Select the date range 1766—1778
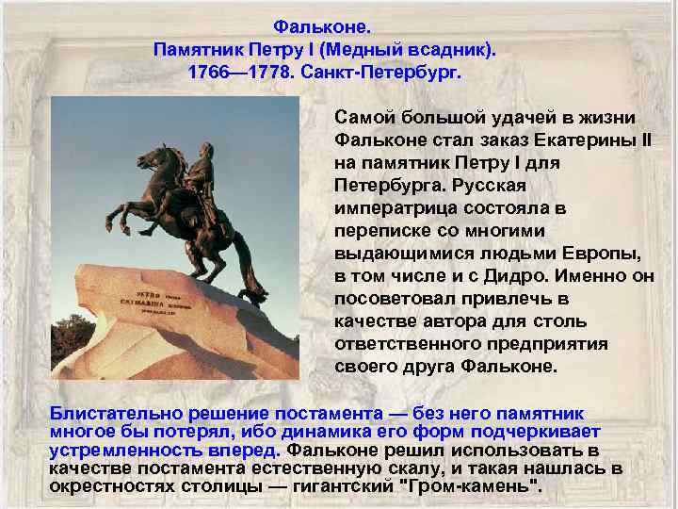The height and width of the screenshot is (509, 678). click(x=239, y=72)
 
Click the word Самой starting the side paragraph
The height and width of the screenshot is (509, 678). click(x=362, y=118)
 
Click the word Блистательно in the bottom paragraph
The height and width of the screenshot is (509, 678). click(x=110, y=413)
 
